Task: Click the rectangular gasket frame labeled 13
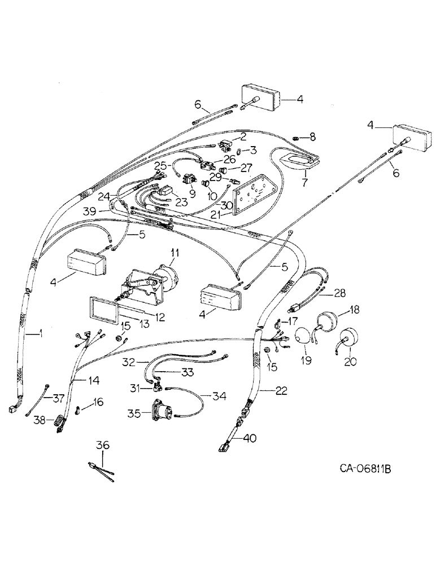point(102,312)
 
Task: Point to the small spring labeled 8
point(298,137)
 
